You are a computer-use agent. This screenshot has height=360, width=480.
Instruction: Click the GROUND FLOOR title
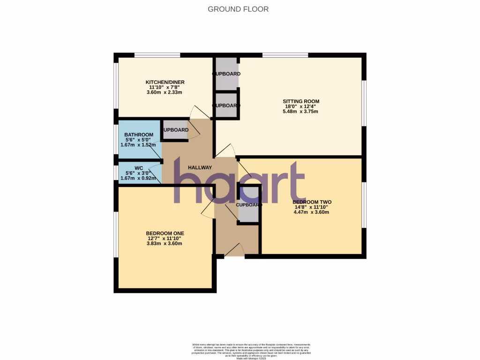coord(238,9)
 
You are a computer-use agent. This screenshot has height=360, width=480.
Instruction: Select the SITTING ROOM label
coord(301,101)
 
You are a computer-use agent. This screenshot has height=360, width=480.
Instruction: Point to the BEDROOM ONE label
coord(165,233)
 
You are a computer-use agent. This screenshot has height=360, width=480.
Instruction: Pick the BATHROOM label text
coord(139,135)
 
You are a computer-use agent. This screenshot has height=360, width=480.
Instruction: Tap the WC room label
coord(139,168)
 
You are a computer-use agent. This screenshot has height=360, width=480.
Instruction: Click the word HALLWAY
coord(200,168)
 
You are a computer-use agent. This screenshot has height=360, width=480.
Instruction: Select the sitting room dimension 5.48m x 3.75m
coord(301,112)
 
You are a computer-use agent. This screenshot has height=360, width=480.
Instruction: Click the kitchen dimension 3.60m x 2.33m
coord(164,92)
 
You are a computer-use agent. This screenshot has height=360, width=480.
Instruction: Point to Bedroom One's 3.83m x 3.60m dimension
coord(164,243)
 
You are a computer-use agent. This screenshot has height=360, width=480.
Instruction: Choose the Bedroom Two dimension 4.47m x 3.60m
coord(311,212)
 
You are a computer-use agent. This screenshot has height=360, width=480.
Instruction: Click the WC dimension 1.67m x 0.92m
coord(139,178)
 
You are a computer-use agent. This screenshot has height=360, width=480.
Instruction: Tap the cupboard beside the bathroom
coord(175,130)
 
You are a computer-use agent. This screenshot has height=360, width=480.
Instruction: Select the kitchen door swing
coord(200,112)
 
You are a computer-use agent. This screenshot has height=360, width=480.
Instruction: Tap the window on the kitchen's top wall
coord(157,55)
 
